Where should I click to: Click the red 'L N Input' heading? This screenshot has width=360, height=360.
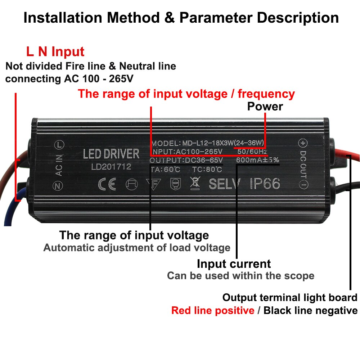click(x=55, y=51)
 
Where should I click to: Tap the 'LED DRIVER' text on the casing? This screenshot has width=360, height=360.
click(x=111, y=154)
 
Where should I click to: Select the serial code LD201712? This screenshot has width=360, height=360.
click(x=111, y=167)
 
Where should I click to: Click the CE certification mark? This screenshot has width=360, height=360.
click(x=107, y=184)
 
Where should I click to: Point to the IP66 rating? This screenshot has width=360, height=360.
click(x=265, y=184)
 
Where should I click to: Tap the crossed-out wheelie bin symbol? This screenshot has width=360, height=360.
click(x=195, y=183)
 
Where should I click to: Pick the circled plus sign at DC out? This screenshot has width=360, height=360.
click(x=303, y=143)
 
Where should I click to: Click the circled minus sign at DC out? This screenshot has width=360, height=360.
click(x=303, y=185)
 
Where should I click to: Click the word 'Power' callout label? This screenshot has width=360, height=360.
click(x=265, y=107)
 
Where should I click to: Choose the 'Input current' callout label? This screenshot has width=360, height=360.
click(x=234, y=264)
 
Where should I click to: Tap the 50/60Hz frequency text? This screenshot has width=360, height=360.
click(x=252, y=152)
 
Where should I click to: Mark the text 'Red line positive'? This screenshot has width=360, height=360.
click(x=213, y=311)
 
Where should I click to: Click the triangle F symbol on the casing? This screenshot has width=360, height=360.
click(x=153, y=184)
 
